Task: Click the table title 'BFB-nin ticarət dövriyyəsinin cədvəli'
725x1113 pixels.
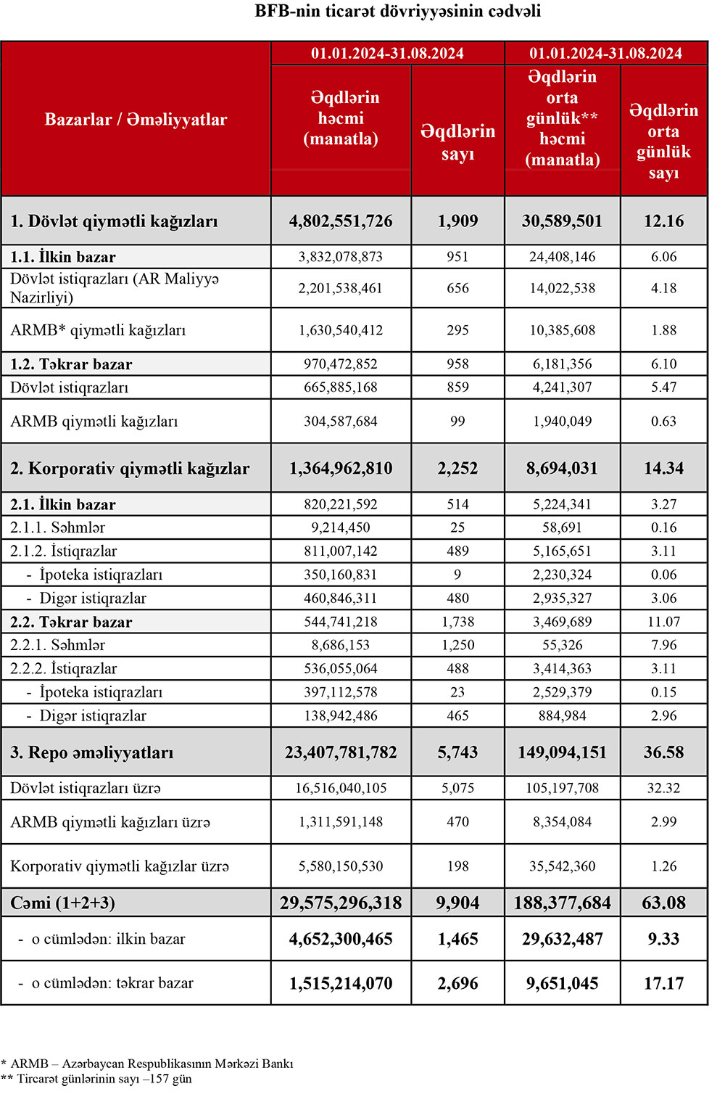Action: point(397,12)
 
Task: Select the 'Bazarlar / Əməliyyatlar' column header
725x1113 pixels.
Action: point(136,120)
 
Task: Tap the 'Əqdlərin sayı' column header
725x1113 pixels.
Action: point(457,141)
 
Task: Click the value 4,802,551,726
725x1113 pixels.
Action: point(341,221)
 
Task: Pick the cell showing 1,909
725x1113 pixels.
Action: point(457,221)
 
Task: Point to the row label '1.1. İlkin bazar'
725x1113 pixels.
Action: point(63,257)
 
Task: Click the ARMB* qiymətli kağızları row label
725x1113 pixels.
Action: point(98,330)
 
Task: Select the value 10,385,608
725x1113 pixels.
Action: point(562,330)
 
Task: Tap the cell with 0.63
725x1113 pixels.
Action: point(663,422)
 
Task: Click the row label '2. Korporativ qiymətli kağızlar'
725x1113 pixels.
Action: point(130,469)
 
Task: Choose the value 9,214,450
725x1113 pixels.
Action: point(341,527)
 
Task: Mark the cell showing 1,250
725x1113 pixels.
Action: point(457,645)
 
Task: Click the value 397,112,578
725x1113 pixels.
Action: point(341,692)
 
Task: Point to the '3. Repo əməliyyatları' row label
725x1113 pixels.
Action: point(92,752)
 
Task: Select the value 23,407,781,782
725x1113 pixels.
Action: point(341,752)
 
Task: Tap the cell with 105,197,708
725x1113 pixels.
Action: point(562,788)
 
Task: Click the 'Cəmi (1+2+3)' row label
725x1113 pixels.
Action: point(63,903)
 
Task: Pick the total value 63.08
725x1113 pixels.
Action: point(663,903)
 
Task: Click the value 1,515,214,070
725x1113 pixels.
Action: point(341,984)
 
